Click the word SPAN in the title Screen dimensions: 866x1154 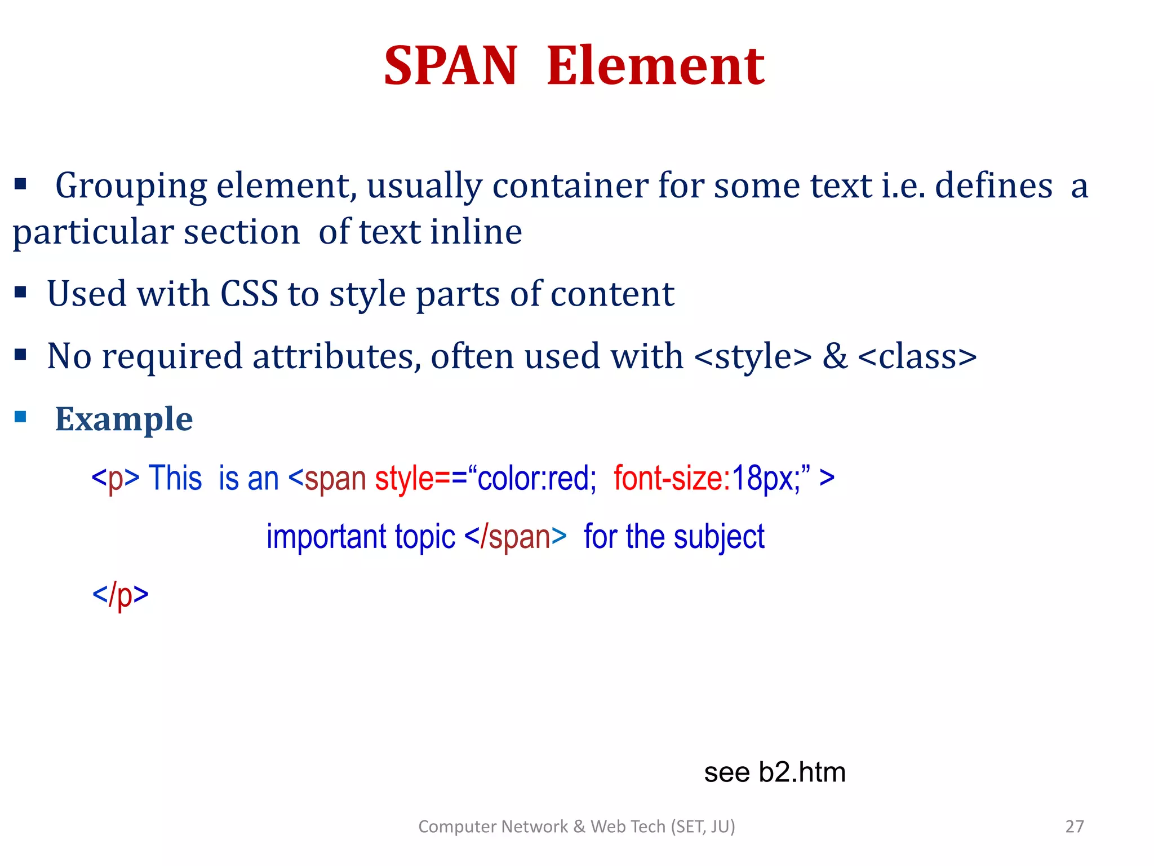[x=450, y=66]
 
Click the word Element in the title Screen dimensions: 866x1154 [x=655, y=66]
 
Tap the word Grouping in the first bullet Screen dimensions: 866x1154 [x=131, y=186]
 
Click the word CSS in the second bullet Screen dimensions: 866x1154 [x=249, y=294]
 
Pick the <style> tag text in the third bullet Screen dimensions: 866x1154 [x=753, y=356]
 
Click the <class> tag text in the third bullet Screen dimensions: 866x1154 [x=917, y=356]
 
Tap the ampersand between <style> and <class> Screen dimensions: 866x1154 [x=835, y=356]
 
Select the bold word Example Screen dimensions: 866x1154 [x=124, y=419]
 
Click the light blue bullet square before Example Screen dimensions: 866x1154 [x=21, y=417]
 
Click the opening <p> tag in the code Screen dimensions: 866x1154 [x=116, y=478]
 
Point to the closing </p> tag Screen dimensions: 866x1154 [x=120, y=594]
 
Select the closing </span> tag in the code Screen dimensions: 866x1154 [x=516, y=536]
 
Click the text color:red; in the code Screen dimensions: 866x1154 [x=536, y=478]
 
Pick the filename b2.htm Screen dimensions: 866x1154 [x=802, y=772]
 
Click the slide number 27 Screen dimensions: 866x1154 [x=1075, y=827]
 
